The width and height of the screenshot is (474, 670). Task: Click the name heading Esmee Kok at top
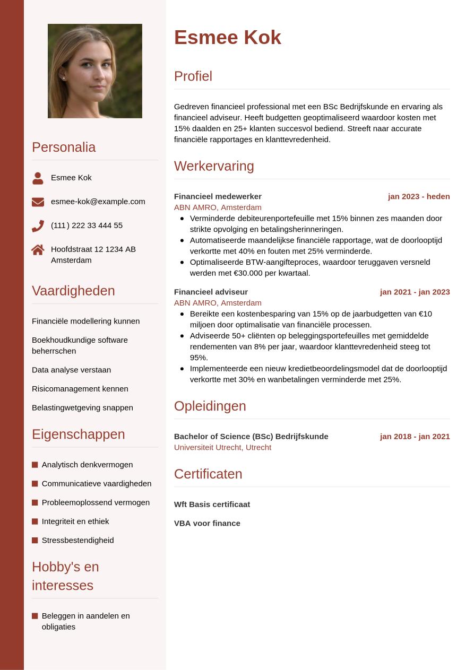pyautogui.click(x=227, y=38)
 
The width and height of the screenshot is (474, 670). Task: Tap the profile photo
pyautogui.click(x=95, y=71)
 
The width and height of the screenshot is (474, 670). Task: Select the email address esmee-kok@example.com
pyautogui.click(x=98, y=202)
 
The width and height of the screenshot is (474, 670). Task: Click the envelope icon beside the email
pyautogui.click(x=38, y=202)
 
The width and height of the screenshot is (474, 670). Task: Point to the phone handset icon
pyautogui.click(x=38, y=226)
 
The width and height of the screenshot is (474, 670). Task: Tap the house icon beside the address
pyautogui.click(x=38, y=249)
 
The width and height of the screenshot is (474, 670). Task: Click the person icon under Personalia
pyautogui.click(x=38, y=178)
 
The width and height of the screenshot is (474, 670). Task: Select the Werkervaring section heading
pyautogui.click(x=214, y=166)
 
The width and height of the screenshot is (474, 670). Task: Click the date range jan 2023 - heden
pyautogui.click(x=418, y=196)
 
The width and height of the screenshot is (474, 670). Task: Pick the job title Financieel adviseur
pyautogui.click(x=211, y=292)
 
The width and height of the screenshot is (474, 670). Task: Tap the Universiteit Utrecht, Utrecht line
pyautogui.click(x=222, y=447)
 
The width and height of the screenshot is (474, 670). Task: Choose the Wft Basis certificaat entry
pyautogui.click(x=212, y=504)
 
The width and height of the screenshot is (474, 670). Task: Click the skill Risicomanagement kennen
pyautogui.click(x=80, y=389)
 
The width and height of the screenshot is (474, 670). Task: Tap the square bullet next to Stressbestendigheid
pyautogui.click(x=35, y=541)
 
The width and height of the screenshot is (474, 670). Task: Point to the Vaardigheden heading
pyautogui.click(x=73, y=291)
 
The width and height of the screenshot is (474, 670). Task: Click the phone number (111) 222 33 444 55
pyautogui.click(x=87, y=225)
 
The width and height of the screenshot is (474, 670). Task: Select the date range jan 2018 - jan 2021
pyautogui.click(x=415, y=437)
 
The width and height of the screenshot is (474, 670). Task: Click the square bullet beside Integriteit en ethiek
pyautogui.click(x=35, y=521)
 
